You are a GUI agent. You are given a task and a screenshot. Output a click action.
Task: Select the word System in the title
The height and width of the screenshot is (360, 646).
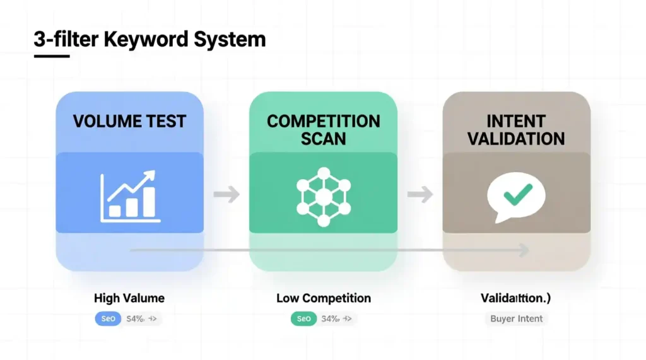click(x=230, y=39)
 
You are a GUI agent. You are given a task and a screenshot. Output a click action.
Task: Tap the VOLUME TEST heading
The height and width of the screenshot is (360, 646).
click(x=129, y=121)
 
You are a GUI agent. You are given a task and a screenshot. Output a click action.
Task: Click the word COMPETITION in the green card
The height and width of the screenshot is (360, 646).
click(x=323, y=121)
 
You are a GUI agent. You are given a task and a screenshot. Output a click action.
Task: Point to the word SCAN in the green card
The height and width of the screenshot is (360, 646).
click(x=323, y=139)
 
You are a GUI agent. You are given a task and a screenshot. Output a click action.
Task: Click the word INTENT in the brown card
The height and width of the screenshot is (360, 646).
click(x=516, y=120)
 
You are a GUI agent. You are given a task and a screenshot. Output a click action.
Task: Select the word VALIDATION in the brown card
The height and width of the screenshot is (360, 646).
click(x=516, y=139)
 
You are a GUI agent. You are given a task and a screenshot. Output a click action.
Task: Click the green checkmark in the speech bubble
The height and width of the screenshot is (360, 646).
click(x=517, y=194)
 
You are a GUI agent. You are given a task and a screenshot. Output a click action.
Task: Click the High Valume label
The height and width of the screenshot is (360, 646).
click(x=129, y=298)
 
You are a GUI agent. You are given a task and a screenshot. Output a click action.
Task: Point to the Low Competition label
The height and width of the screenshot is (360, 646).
click(x=323, y=298)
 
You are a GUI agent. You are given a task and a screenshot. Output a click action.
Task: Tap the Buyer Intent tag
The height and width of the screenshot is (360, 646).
click(x=516, y=318)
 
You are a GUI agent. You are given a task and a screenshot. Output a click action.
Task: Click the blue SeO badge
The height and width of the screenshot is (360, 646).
click(x=108, y=319)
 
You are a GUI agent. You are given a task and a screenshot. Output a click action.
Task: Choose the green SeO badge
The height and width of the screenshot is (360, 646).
click(x=303, y=319)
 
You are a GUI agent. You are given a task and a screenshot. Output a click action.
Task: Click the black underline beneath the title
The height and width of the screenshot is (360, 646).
click(x=51, y=56)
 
